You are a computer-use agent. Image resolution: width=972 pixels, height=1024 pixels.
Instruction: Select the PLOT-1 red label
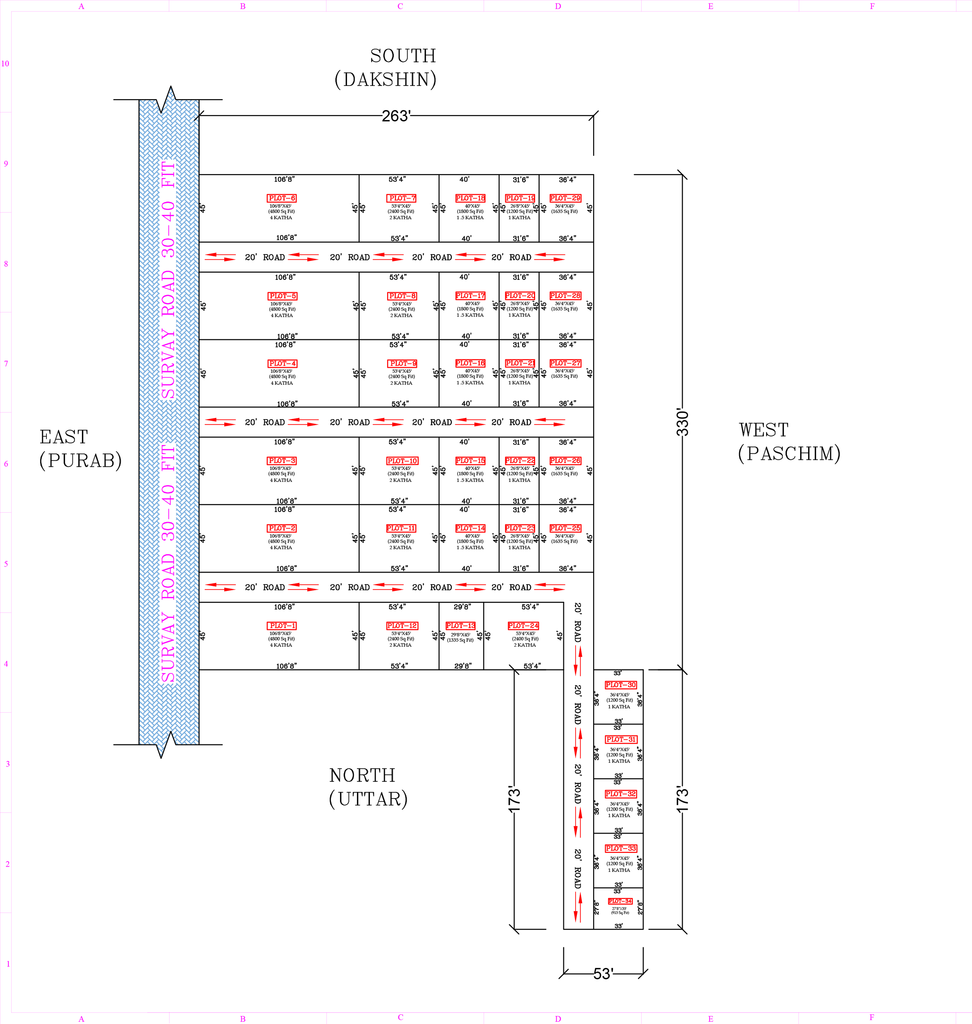pos(282,626)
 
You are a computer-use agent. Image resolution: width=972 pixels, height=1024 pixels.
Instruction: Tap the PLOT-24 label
pos(523,626)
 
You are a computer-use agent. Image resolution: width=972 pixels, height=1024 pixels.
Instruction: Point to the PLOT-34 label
pos(620,901)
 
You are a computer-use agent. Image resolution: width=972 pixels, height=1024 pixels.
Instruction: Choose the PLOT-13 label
pos(460,626)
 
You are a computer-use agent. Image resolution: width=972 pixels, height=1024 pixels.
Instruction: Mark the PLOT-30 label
pos(621,685)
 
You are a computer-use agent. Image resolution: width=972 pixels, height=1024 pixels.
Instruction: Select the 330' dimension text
pos(682,423)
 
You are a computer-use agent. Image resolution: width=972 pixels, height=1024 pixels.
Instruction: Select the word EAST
pos(64,437)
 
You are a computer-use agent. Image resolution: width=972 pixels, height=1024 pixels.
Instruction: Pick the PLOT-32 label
pos(621,794)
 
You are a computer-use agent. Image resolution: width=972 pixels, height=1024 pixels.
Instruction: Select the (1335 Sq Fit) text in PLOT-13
pos(460,640)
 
